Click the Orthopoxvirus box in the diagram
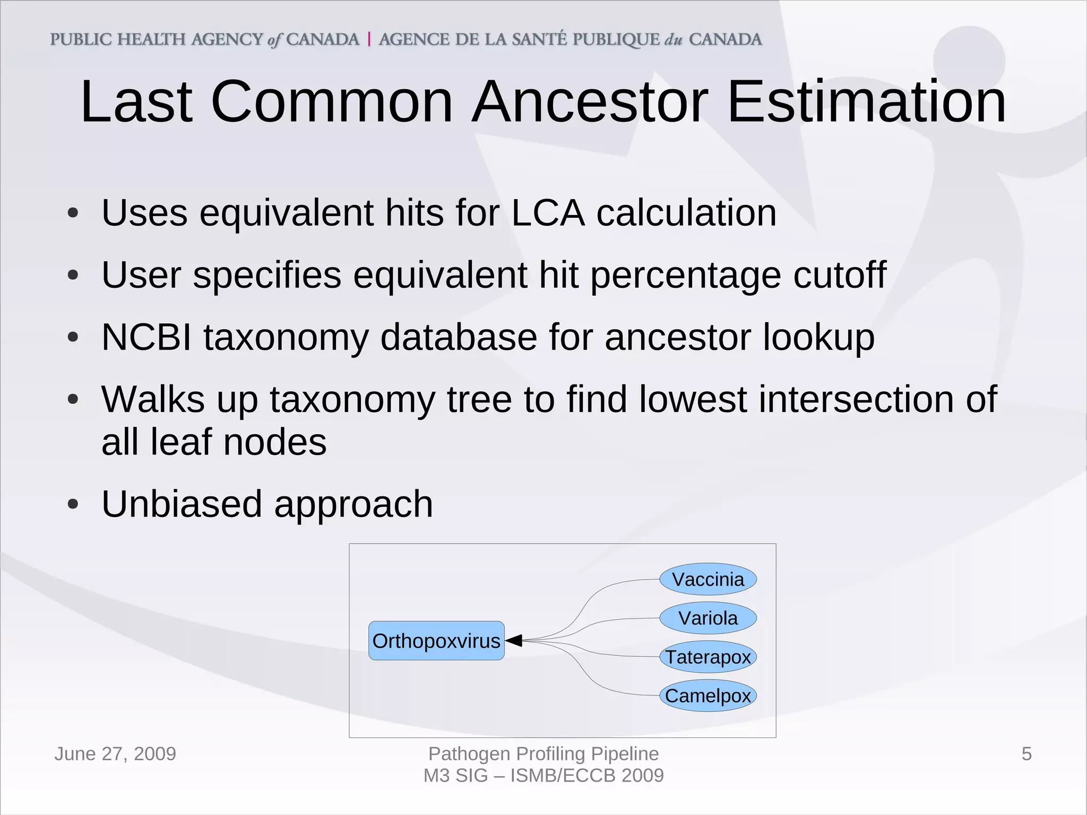tap(436, 641)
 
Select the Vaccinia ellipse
tap(708, 579)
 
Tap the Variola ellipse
tap(708, 618)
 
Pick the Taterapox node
tap(708, 657)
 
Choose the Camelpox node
tap(708, 696)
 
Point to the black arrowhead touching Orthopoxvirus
tap(514, 641)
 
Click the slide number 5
tap(1026, 754)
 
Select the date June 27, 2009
tap(115, 754)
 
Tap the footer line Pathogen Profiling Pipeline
tap(543, 754)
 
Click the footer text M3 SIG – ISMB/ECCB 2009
tap(543, 776)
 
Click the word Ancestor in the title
tap(590, 101)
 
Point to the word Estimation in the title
tap(866, 101)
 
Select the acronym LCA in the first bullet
tap(548, 213)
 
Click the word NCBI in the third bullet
tap(146, 337)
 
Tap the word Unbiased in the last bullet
tap(182, 504)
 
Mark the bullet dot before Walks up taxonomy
tap(73, 399)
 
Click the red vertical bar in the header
tap(369, 39)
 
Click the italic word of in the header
tap(274, 40)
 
